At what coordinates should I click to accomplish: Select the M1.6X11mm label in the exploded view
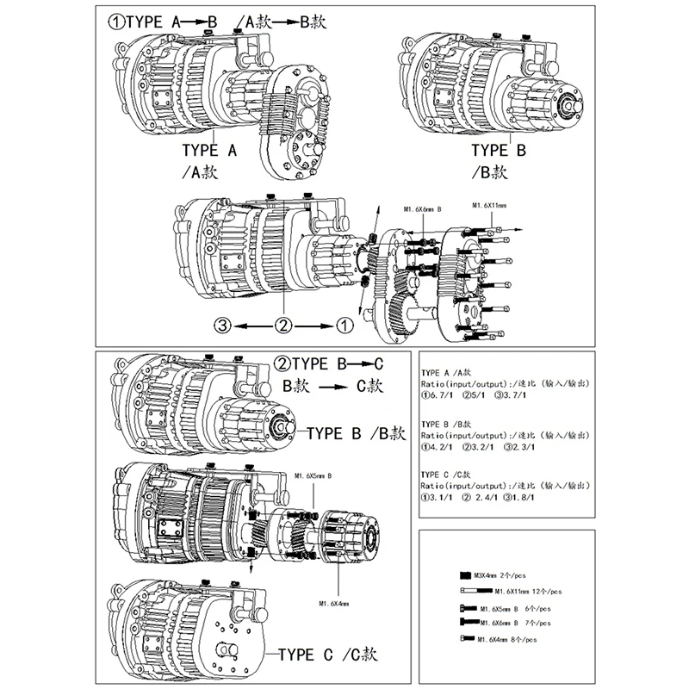coord(489,206)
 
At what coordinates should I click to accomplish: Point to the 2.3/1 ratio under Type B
coord(522,448)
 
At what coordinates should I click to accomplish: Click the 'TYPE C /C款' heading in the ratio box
coord(447,474)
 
